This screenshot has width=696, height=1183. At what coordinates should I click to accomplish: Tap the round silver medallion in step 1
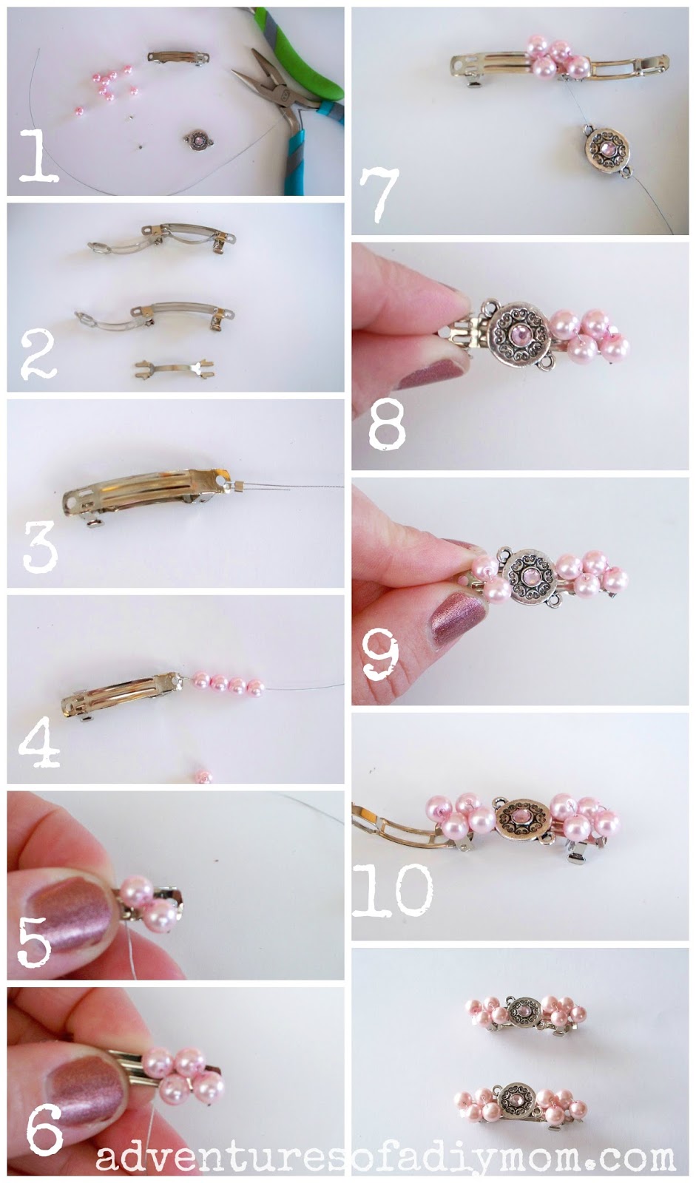coord(199,140)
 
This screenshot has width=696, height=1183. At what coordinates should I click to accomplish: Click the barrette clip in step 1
coord(178,58)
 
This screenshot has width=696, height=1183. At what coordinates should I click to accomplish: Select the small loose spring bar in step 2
coord(175,368)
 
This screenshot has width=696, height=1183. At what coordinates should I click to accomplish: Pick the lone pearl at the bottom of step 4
coord(203,777)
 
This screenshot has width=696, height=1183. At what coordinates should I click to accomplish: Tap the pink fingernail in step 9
coord(458,617)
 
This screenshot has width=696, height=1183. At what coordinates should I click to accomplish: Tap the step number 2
coord(38,355)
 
